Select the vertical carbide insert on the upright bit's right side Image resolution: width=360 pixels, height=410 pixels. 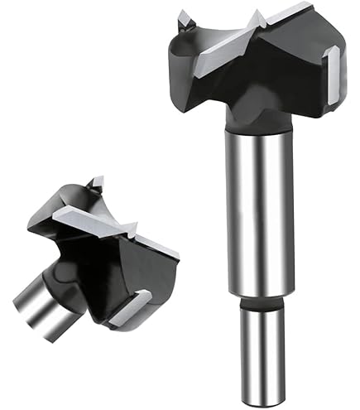332,75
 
